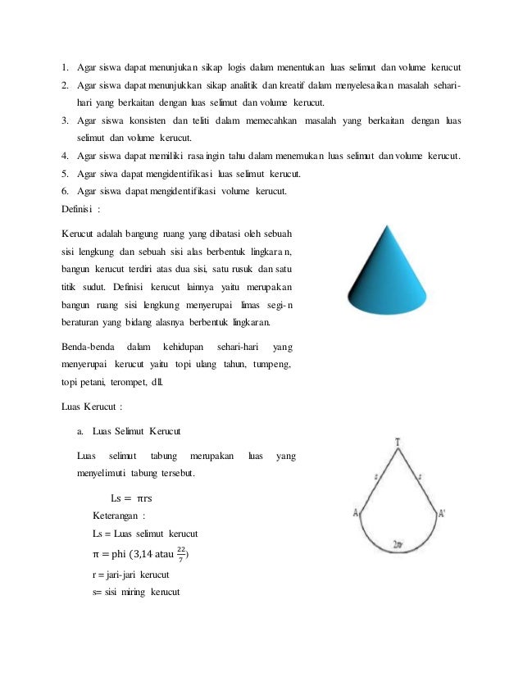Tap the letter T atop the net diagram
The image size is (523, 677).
(398, 443)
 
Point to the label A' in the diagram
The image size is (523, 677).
(442, 513)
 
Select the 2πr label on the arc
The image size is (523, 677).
(398, 544)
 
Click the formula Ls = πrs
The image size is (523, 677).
(132, 498)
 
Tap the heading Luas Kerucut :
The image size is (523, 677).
(93, 406)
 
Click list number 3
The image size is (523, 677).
(66, 121)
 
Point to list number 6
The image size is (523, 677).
(66, 191)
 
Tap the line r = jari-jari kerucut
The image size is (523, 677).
(131, 575)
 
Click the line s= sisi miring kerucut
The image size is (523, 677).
(136, 592)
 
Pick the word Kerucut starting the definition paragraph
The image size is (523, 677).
(81, 234)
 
